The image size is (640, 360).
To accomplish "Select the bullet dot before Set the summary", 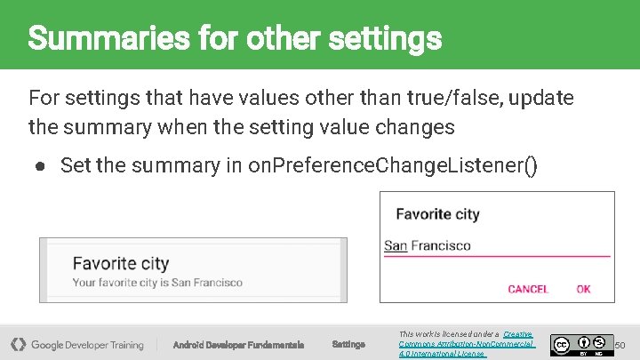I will [x=41, y=165].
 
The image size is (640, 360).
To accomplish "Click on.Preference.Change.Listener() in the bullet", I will [x=393, y=165].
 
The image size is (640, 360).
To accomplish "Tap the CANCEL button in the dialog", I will [x=528, y=289].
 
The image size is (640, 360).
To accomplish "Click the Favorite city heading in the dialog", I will [x=437, y=213].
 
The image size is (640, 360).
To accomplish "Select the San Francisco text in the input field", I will [x=428, y=245].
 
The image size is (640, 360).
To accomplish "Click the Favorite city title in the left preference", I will [x=120, y=263].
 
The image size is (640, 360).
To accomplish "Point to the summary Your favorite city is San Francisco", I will [x=157, y=283].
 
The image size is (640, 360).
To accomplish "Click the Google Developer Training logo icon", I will [x=18, y=344].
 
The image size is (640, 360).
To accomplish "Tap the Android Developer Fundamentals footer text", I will [x=238, y=345].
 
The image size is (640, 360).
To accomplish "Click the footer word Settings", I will [x=348, y=344].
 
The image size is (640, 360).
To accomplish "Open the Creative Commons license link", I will [x=467, y=343].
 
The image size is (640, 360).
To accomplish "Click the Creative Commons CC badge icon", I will [x=561, y=344].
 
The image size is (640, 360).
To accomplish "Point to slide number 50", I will [x=620, y=344].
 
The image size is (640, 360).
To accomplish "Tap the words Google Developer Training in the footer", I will [x=87, y=345].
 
